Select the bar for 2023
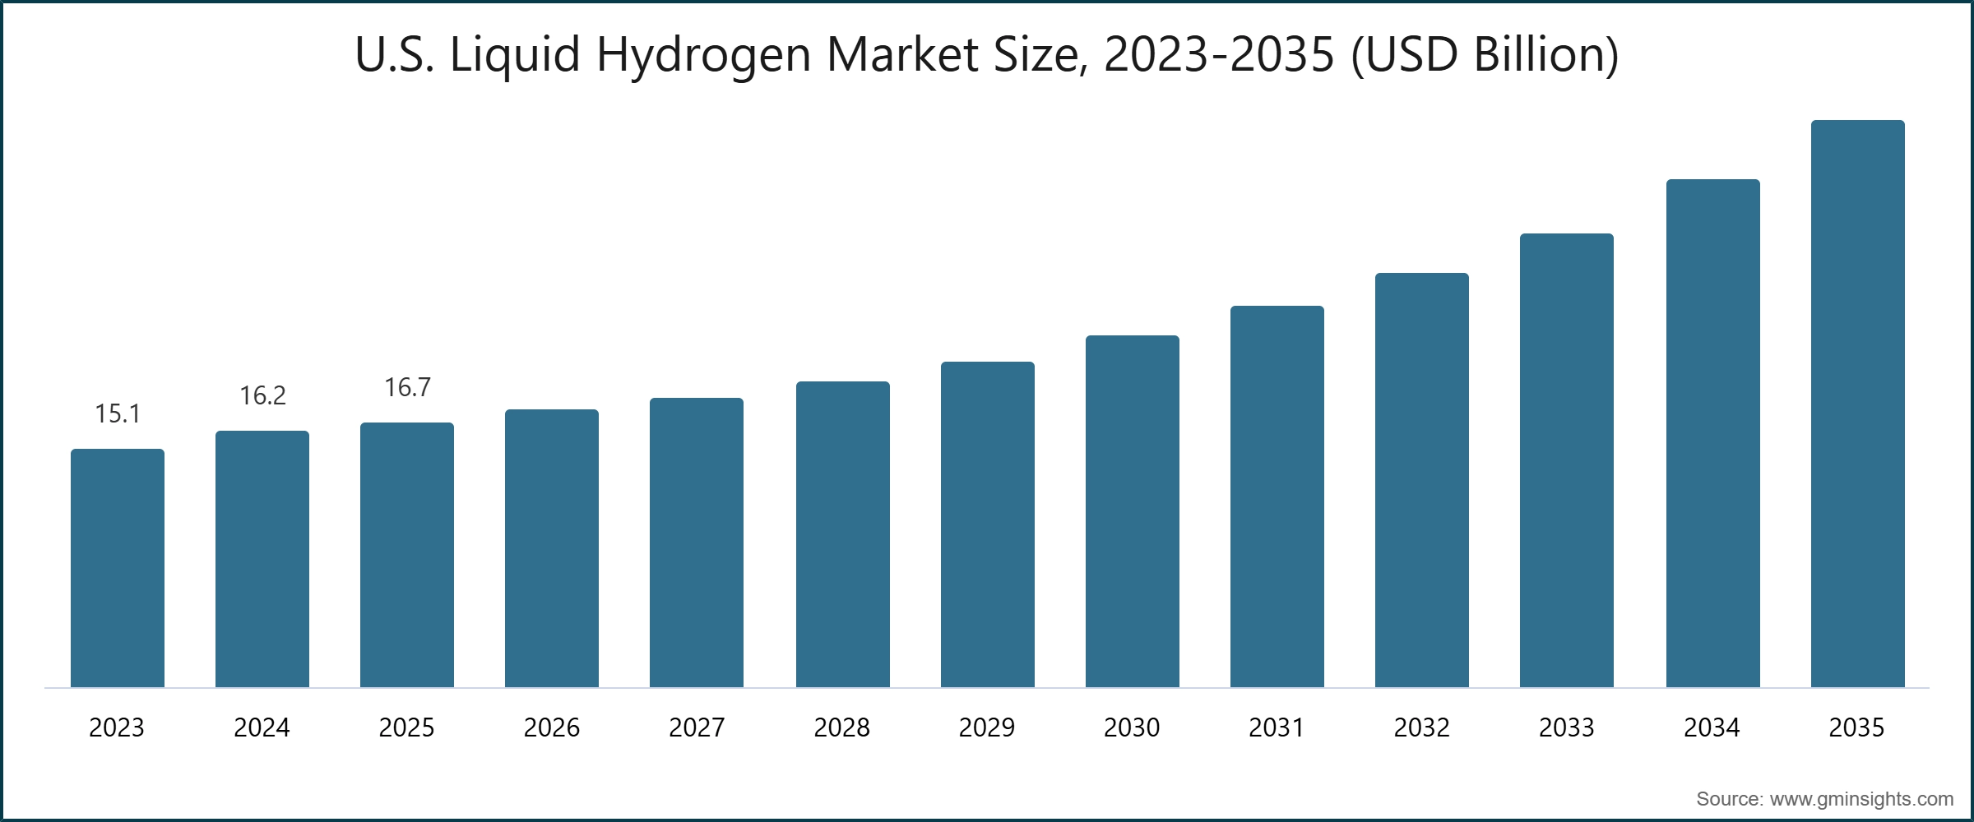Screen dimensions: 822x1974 coord(118,568)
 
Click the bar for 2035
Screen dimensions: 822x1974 coord(1857,404)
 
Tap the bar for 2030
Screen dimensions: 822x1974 coord(1132,511)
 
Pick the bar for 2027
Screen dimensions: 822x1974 coord(697,543)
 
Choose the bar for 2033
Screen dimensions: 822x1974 coord(1566,460)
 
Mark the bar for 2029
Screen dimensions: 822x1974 coord(987,524)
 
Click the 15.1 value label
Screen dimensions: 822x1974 coord(118,413)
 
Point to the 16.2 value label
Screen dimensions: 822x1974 coord(262,395)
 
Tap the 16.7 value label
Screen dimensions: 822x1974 coord(407,387)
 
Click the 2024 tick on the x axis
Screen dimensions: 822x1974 coord(262,727)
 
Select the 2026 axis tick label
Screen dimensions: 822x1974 coord(551,727)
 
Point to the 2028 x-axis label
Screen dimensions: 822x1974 coord(841,727)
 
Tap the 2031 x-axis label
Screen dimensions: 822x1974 coord(1277,727)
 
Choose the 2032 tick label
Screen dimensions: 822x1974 coord(1421,727)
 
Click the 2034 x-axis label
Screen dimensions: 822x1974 coord(1712,727)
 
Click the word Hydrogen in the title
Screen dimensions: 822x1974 coord(703,56)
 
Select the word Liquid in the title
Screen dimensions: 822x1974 coord(515,56)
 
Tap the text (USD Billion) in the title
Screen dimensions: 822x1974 coord(1485,56)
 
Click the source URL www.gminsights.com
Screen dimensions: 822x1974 coord(1861,799)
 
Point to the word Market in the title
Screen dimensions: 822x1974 coord(901,54)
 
